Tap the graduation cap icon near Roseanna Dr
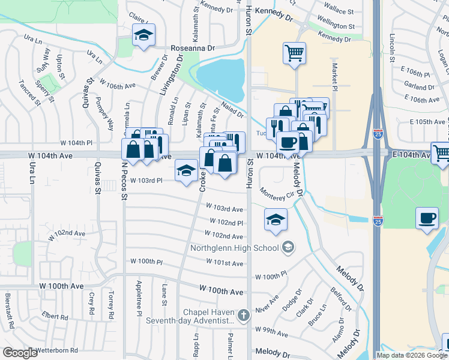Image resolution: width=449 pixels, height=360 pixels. point(143,35)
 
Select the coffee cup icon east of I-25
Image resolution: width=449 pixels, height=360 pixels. point(427,218)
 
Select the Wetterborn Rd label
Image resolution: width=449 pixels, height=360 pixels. point(57,350)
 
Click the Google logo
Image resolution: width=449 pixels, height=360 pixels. point(20,353)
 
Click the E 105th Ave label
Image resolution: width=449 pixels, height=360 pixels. point(428,122)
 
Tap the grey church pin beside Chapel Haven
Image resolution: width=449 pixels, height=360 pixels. point(243,314)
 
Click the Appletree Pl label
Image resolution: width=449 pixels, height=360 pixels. point(139,297)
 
